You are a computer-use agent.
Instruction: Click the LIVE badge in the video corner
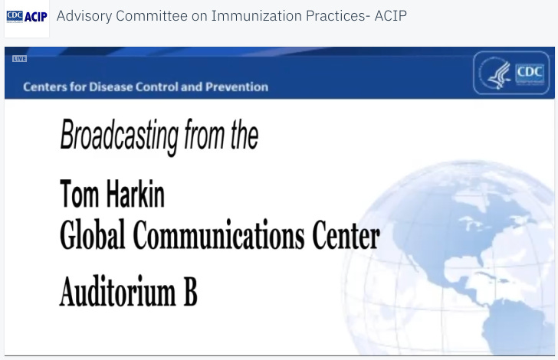coord(19,59)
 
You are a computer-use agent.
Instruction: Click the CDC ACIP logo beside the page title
coord(27,17)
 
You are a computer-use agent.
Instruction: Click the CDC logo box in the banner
coord(529,73)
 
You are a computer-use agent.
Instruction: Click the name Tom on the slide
coord(79,195)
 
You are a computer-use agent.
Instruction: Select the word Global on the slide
coord(93,236)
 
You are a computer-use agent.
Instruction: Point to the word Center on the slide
coord(346,236)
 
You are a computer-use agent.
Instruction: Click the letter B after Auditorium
coord(189,292)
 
